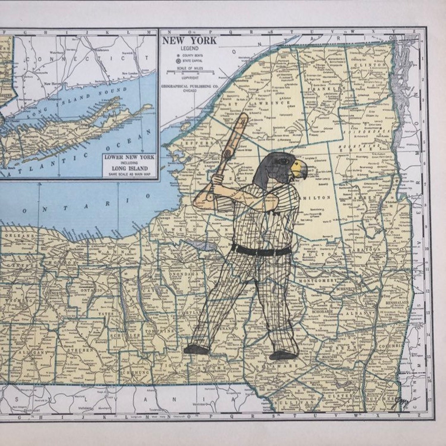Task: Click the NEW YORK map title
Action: (189, 40)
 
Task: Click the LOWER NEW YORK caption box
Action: (129, 165)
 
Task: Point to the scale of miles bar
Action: (190, 73)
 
